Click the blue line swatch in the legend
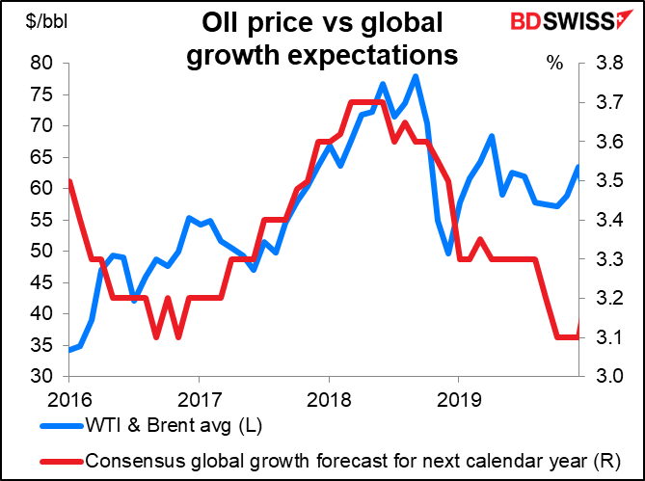pos(60,426)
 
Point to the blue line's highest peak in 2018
pos(416,76)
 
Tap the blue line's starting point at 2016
pos(69,350)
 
